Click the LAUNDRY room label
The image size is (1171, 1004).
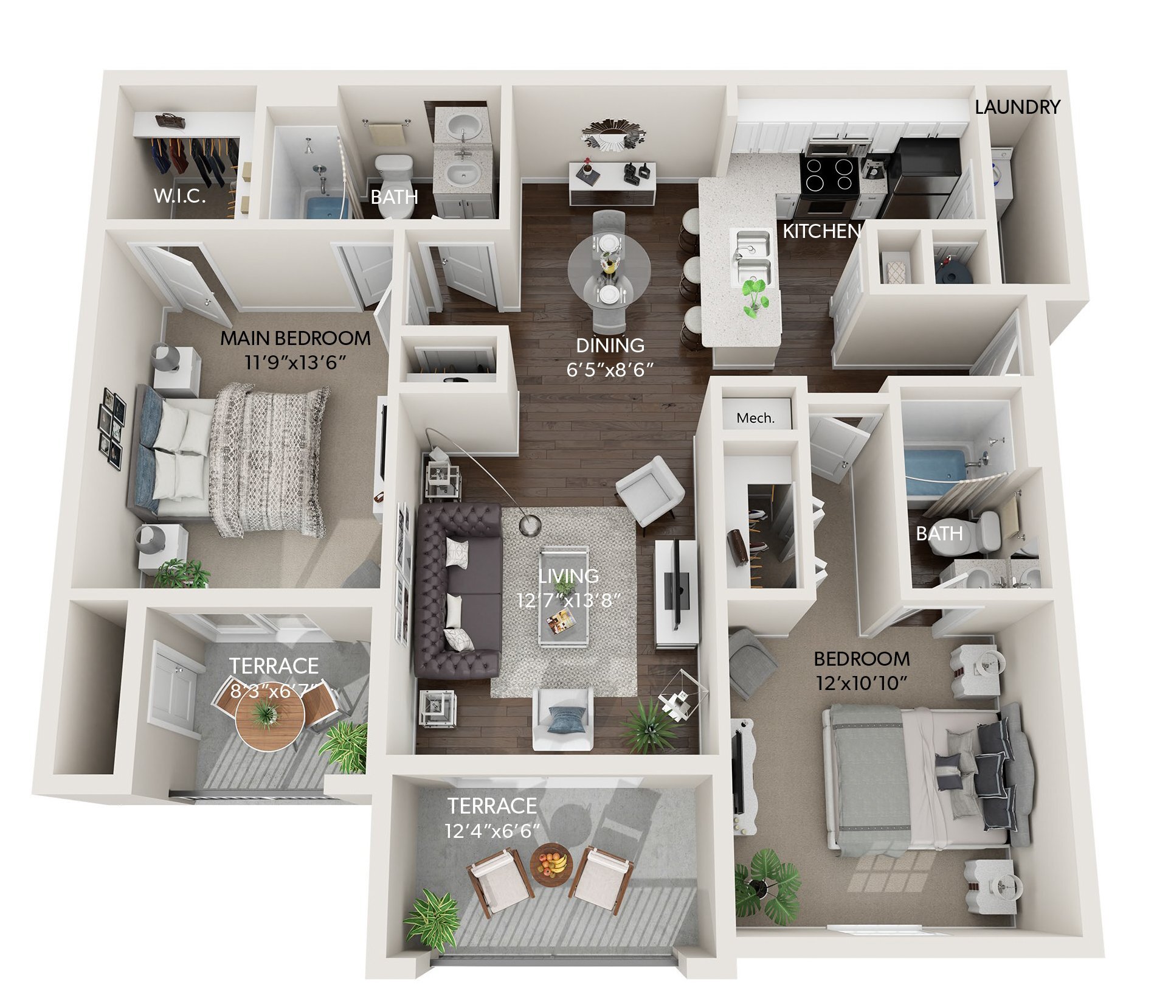coord(1017,107)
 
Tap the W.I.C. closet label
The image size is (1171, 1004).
coord(179,196)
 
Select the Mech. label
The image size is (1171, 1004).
coord(755,418)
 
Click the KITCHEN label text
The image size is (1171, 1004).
coord(821,231)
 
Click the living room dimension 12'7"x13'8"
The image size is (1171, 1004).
coord(568,601)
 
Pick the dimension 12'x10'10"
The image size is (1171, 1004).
coord(862,683)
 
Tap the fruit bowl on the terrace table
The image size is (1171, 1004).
coord(551,863)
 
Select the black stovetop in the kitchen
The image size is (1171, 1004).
coord(829,173)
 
